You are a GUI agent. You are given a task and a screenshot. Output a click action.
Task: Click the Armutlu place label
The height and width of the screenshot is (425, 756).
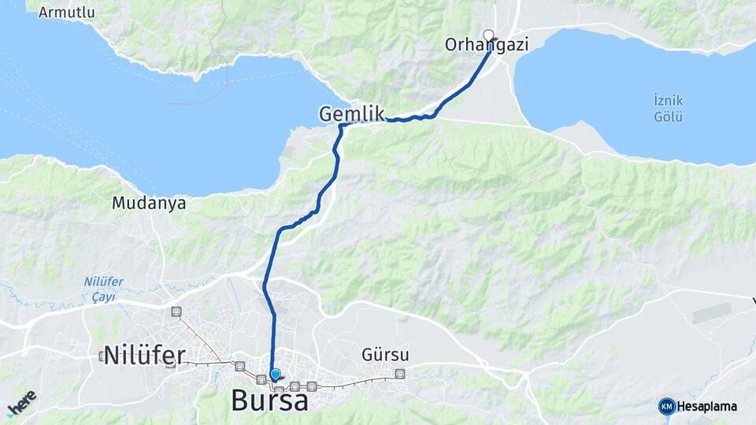pyautogui.click(x=66, y=12)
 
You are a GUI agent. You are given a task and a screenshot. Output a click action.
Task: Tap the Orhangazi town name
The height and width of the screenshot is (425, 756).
pyautogui.click(x=486, y=46)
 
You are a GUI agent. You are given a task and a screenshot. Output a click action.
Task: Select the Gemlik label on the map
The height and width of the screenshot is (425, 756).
pyautogui.click(x=351, y=114)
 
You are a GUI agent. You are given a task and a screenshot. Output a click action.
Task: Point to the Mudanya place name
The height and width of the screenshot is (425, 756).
pyautogui.click(x=149, y=203)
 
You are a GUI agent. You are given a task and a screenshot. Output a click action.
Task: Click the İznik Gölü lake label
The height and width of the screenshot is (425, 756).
pyautogui.click(x=668, y=109)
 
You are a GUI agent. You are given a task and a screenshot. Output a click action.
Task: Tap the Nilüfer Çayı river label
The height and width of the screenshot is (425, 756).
pyautogui.click(x=100, y=290)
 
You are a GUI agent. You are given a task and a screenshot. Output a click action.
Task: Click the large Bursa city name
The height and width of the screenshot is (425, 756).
pyautogui.click(x=269, y=401)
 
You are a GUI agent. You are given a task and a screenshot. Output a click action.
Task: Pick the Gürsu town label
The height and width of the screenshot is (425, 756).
pyautogui.click(x=386, y=354)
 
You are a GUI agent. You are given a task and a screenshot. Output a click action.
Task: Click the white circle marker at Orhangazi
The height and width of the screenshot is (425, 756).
pyautogui.click(x=488, y=35)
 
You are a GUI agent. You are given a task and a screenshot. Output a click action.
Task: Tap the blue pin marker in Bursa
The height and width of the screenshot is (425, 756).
pyautogui.click(x=275, y=375)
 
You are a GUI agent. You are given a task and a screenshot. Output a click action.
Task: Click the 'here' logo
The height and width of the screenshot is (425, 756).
pyautogui.click(x=22, y=403)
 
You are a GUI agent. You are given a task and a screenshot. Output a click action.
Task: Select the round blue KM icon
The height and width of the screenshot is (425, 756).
pyautogui.click(x=666, y=406)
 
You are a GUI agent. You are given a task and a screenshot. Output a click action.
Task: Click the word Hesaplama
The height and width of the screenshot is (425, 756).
pyautogui.click(x=707, y=407)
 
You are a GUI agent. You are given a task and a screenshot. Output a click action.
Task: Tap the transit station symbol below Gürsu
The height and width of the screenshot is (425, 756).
pyautogui.click(x=400, y=374)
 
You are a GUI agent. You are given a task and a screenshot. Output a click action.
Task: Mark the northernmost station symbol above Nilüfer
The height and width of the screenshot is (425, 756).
pyautogui.click(x=176, y=312)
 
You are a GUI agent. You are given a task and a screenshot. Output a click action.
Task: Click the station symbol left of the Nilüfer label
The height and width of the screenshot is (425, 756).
pyautogui.click(x=102, y=357)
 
